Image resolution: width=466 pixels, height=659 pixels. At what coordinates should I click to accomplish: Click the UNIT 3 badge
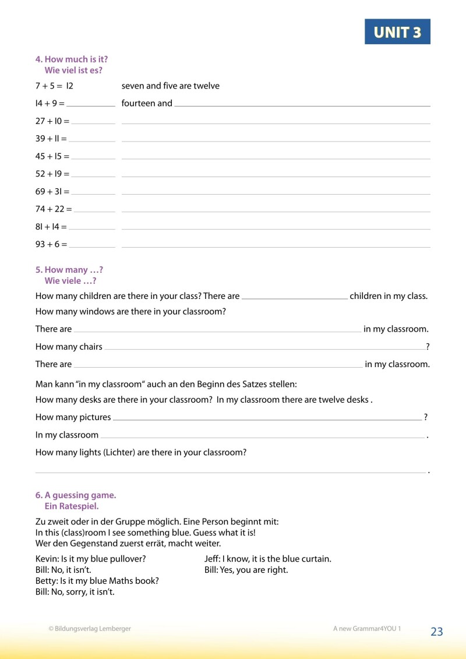coord(397,32)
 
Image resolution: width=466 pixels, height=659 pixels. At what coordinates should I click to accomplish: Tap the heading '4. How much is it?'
coord(72,59)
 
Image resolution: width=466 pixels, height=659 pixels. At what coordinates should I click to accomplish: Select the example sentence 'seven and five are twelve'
coord(171,86)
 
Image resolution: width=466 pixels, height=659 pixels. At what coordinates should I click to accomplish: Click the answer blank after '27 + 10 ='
coord(93,122)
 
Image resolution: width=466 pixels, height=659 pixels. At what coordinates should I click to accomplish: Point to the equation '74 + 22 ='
coord(54,209)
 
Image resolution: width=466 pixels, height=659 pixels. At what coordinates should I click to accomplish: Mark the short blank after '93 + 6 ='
coord(91,245)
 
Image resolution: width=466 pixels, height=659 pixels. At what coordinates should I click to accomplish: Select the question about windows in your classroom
coord(130,312)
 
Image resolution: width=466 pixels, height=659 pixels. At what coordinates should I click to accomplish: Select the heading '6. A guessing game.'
coord(76,495)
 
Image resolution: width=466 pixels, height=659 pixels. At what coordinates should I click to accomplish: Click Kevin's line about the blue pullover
coord(91,559)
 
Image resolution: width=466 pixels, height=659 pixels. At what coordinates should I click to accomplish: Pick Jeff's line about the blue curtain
coord(268,559)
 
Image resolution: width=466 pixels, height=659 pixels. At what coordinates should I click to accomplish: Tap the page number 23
coord(437,632)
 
